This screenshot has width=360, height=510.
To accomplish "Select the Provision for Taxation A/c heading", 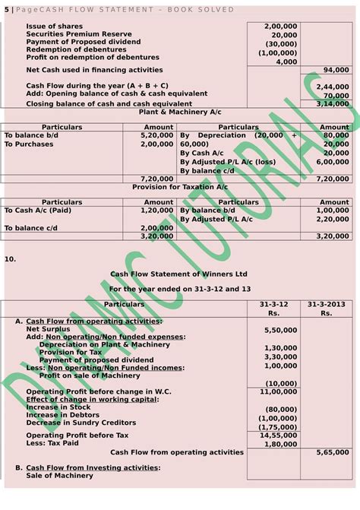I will [180, 186].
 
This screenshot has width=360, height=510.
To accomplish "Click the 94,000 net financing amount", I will [336, 69].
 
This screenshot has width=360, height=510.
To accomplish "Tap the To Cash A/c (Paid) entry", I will [34, 210].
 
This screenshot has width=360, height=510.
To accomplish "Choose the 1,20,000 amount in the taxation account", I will [156, 210].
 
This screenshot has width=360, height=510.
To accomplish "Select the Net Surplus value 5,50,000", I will [281, 330].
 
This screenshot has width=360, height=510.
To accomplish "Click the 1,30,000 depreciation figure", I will [281, 347].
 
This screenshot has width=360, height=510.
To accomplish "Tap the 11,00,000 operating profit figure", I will [279, 391].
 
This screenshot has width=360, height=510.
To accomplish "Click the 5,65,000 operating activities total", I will [333, 452].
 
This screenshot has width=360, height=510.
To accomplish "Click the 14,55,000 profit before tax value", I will [279, 435].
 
